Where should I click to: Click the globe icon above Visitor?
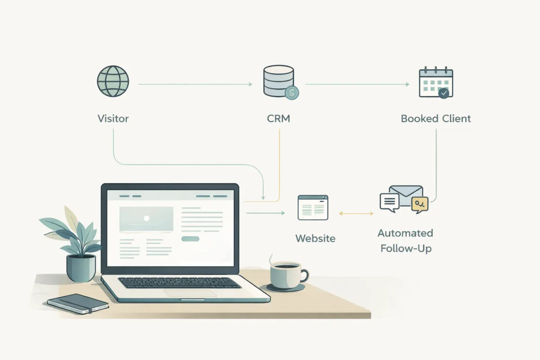point(113,81)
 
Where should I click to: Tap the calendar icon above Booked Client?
point(436,83)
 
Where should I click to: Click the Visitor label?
point(113,119)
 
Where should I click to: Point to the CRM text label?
point(278,119)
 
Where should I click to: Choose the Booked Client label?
point(436,119)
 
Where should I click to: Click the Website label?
point(315,238)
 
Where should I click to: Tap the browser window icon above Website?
point(313,207)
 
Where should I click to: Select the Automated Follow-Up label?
point(405,241)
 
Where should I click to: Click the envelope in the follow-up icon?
point(406,193)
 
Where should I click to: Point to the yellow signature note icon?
point(419,205)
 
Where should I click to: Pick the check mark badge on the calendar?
point(444,93)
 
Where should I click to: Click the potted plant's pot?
point(81,268)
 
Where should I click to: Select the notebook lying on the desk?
point(78,303)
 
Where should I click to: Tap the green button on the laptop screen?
point(190,239)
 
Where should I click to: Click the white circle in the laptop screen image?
point(146,218)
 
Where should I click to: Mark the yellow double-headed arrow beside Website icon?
point(356,213)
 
